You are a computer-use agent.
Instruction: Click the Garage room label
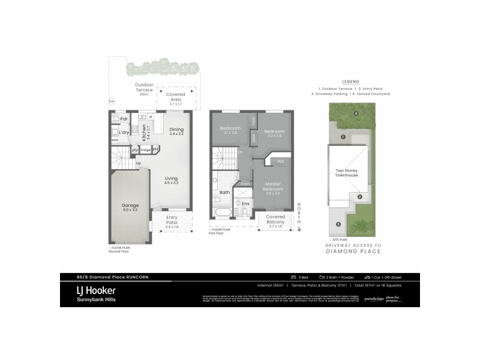click(130, 208)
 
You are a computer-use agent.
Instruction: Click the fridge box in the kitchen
click(145, 149)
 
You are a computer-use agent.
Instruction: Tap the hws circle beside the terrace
click(112, 101)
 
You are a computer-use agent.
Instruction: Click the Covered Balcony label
click(275, 218)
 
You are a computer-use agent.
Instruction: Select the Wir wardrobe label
click(280, 161)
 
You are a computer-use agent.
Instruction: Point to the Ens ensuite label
click(245, 203)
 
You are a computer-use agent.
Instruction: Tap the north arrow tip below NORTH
click(299, 229)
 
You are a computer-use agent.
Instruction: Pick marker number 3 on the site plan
click(338, 224)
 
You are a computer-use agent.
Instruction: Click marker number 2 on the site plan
click(359, 197)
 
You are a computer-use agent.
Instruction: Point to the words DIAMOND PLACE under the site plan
click(353, 253)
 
